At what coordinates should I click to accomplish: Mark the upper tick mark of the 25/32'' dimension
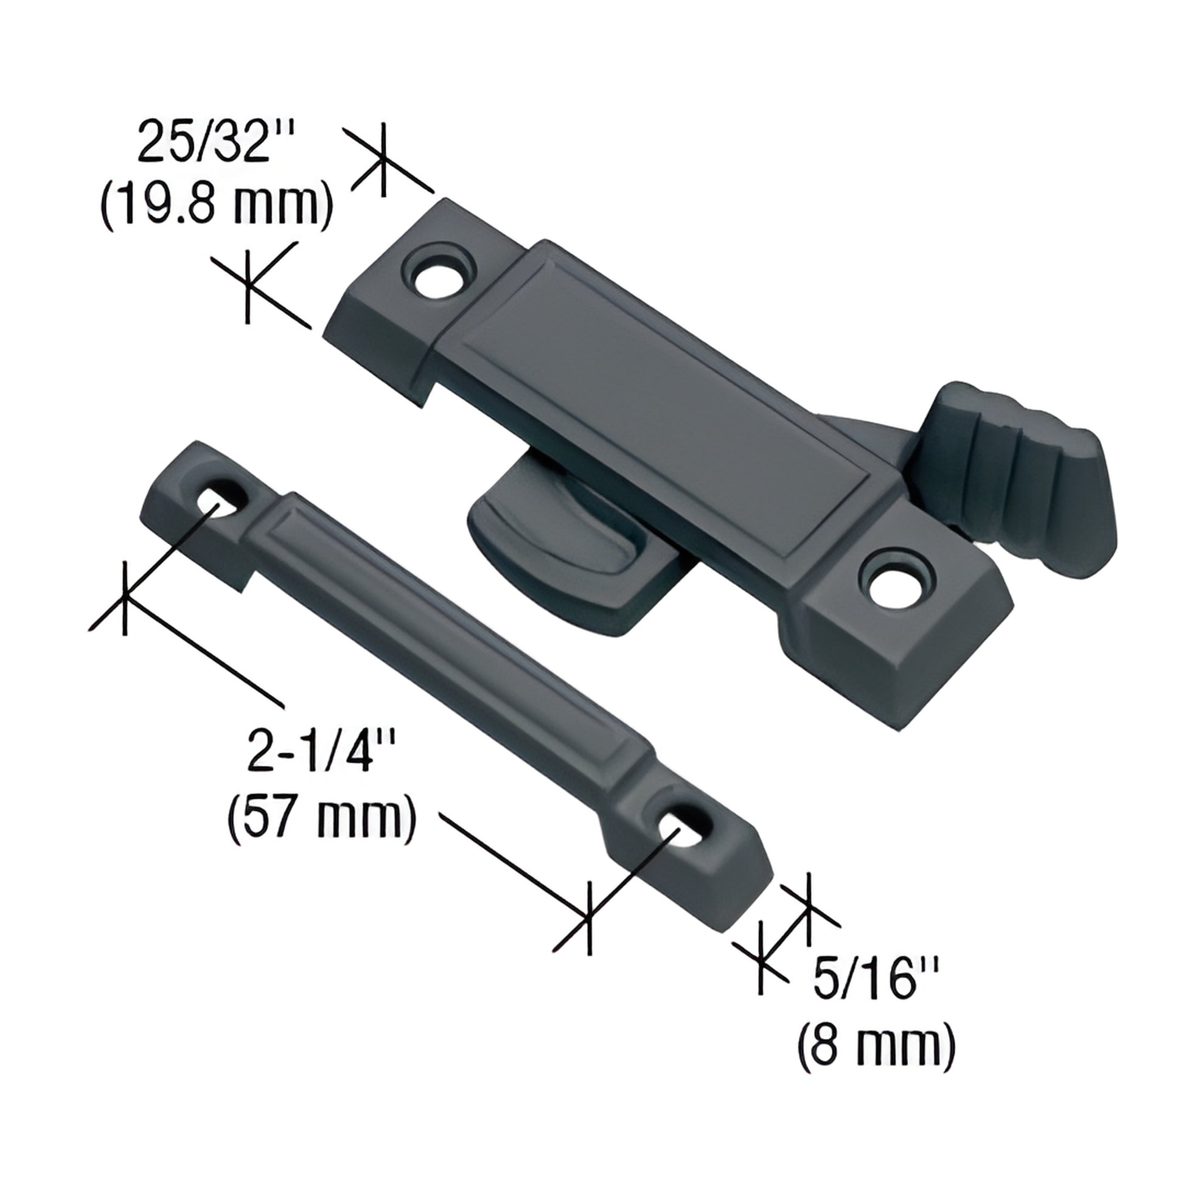point(383,160)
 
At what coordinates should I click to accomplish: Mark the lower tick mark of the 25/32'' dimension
point(248,285)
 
